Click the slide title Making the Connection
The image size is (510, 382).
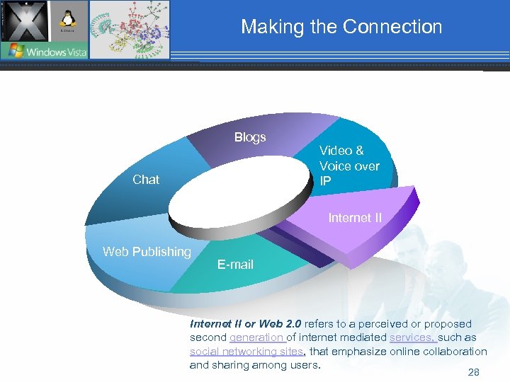tap(341, 27)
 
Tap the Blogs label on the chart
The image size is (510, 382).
tap(250, 137)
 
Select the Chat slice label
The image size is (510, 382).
tap(146, 180)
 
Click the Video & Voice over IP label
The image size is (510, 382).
tap(349, 166)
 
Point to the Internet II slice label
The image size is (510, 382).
tap(354, 218)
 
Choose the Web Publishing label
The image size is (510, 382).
tap(147, 252)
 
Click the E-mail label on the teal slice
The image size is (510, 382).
tap(235, 265)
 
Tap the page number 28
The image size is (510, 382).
tap(473, 372)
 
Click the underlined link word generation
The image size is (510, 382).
tap(256, 337)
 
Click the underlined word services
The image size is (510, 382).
tap(413, 337)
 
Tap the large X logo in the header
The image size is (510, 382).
tap(24, 21)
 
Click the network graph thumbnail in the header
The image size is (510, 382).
tap(130, 28)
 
